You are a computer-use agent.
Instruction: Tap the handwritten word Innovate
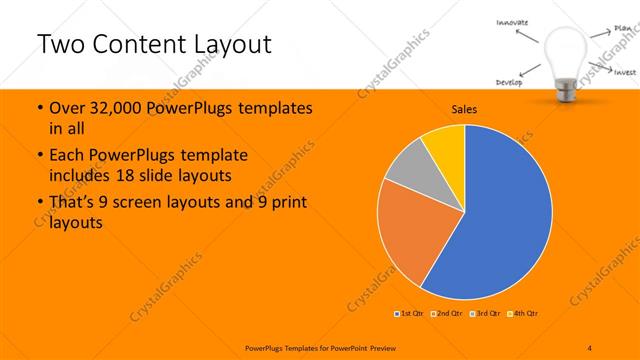511,22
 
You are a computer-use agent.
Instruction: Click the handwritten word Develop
509,81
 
